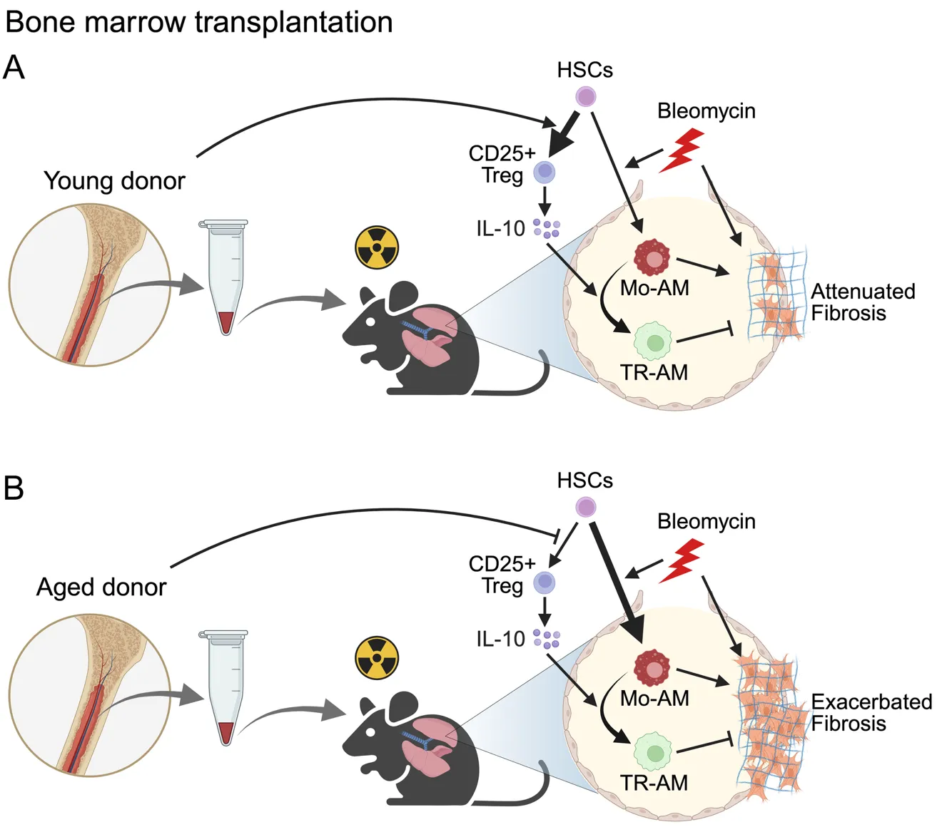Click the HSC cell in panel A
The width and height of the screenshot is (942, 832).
point(586,97)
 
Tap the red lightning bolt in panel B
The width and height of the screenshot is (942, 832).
point(682,561)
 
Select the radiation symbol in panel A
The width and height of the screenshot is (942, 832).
point(377,248)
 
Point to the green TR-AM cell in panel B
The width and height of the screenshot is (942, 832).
point(653,752)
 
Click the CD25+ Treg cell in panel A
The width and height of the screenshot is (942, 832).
point(545,172)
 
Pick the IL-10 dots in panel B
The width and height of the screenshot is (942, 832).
point(547,639)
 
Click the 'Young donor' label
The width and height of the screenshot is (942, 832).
point(114,181)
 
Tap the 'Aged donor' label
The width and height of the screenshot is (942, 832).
point(101,587)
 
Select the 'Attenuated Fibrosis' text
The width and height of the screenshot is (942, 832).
point(862,302)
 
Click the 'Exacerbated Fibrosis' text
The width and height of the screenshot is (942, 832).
point(871,713)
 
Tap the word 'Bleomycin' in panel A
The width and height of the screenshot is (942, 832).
point(706,111)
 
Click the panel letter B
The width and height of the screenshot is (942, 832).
point(14,489)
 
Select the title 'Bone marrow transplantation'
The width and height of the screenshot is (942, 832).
point(198,22)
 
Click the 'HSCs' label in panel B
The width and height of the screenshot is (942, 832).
point(584,481)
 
